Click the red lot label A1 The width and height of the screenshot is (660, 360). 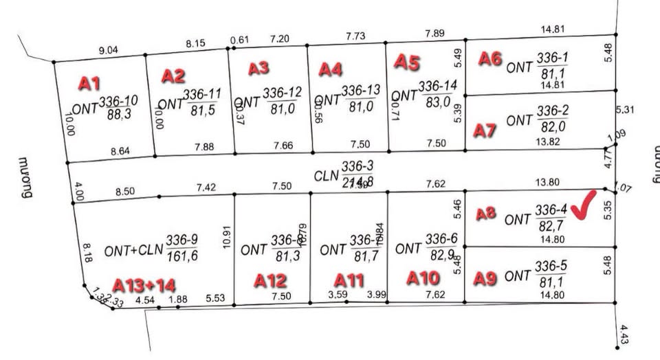[89, 84]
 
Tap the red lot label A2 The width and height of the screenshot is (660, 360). [173, 76]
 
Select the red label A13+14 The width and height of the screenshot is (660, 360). [144, 284]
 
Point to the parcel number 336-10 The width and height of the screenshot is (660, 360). [119, 101]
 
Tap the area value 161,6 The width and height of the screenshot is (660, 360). [182, 256]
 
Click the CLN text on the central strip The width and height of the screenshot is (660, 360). [327, 176]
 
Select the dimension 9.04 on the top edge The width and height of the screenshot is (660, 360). [109, 49]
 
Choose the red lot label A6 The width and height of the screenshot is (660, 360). [490, 59]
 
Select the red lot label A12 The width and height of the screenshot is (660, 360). [269, 280]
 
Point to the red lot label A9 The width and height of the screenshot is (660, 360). [485, 278]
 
